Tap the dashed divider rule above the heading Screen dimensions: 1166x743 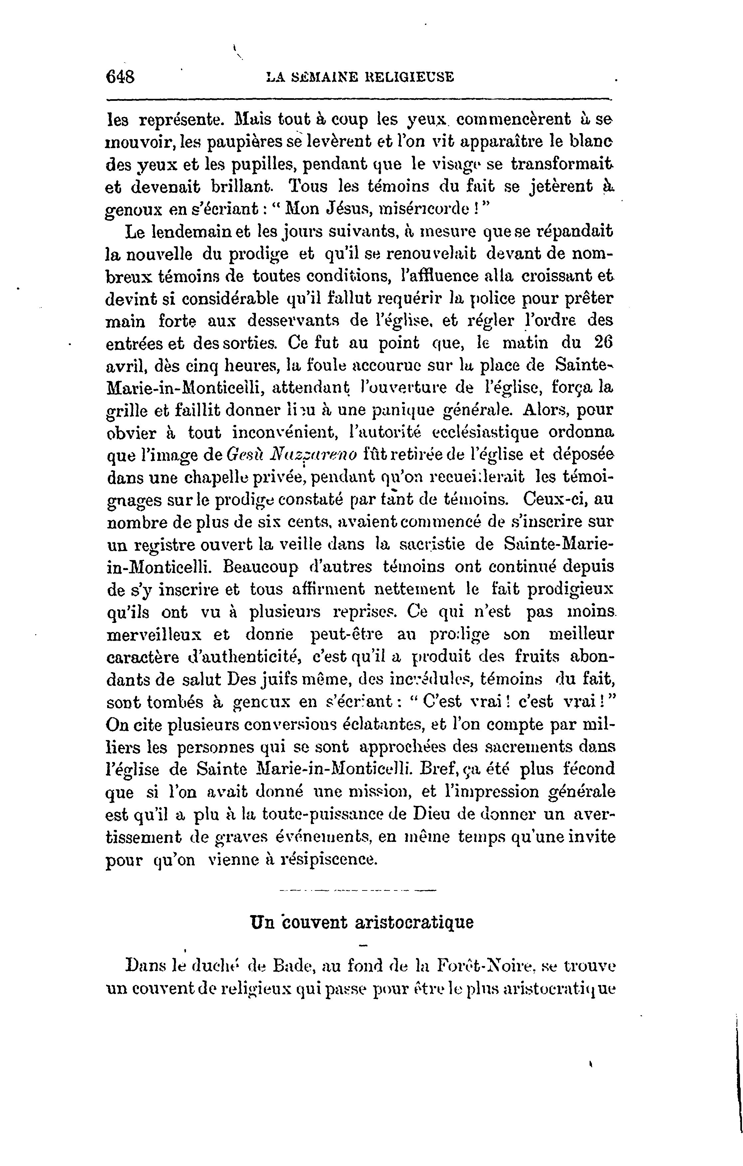tap(358, 890)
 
